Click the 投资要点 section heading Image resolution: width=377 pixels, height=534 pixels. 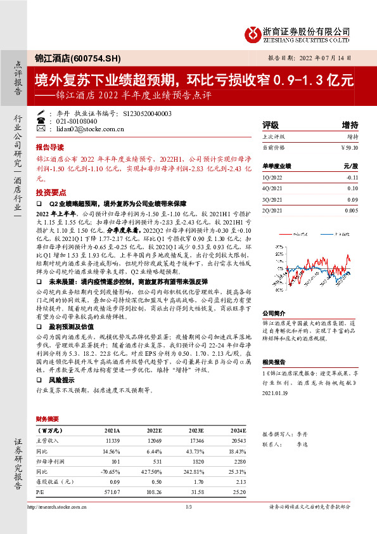click(51, 192)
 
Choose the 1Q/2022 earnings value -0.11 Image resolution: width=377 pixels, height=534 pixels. click(352, 179)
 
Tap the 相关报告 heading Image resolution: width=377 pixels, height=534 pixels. click(275, 361)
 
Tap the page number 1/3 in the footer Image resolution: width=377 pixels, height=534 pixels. click(188, 506)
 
